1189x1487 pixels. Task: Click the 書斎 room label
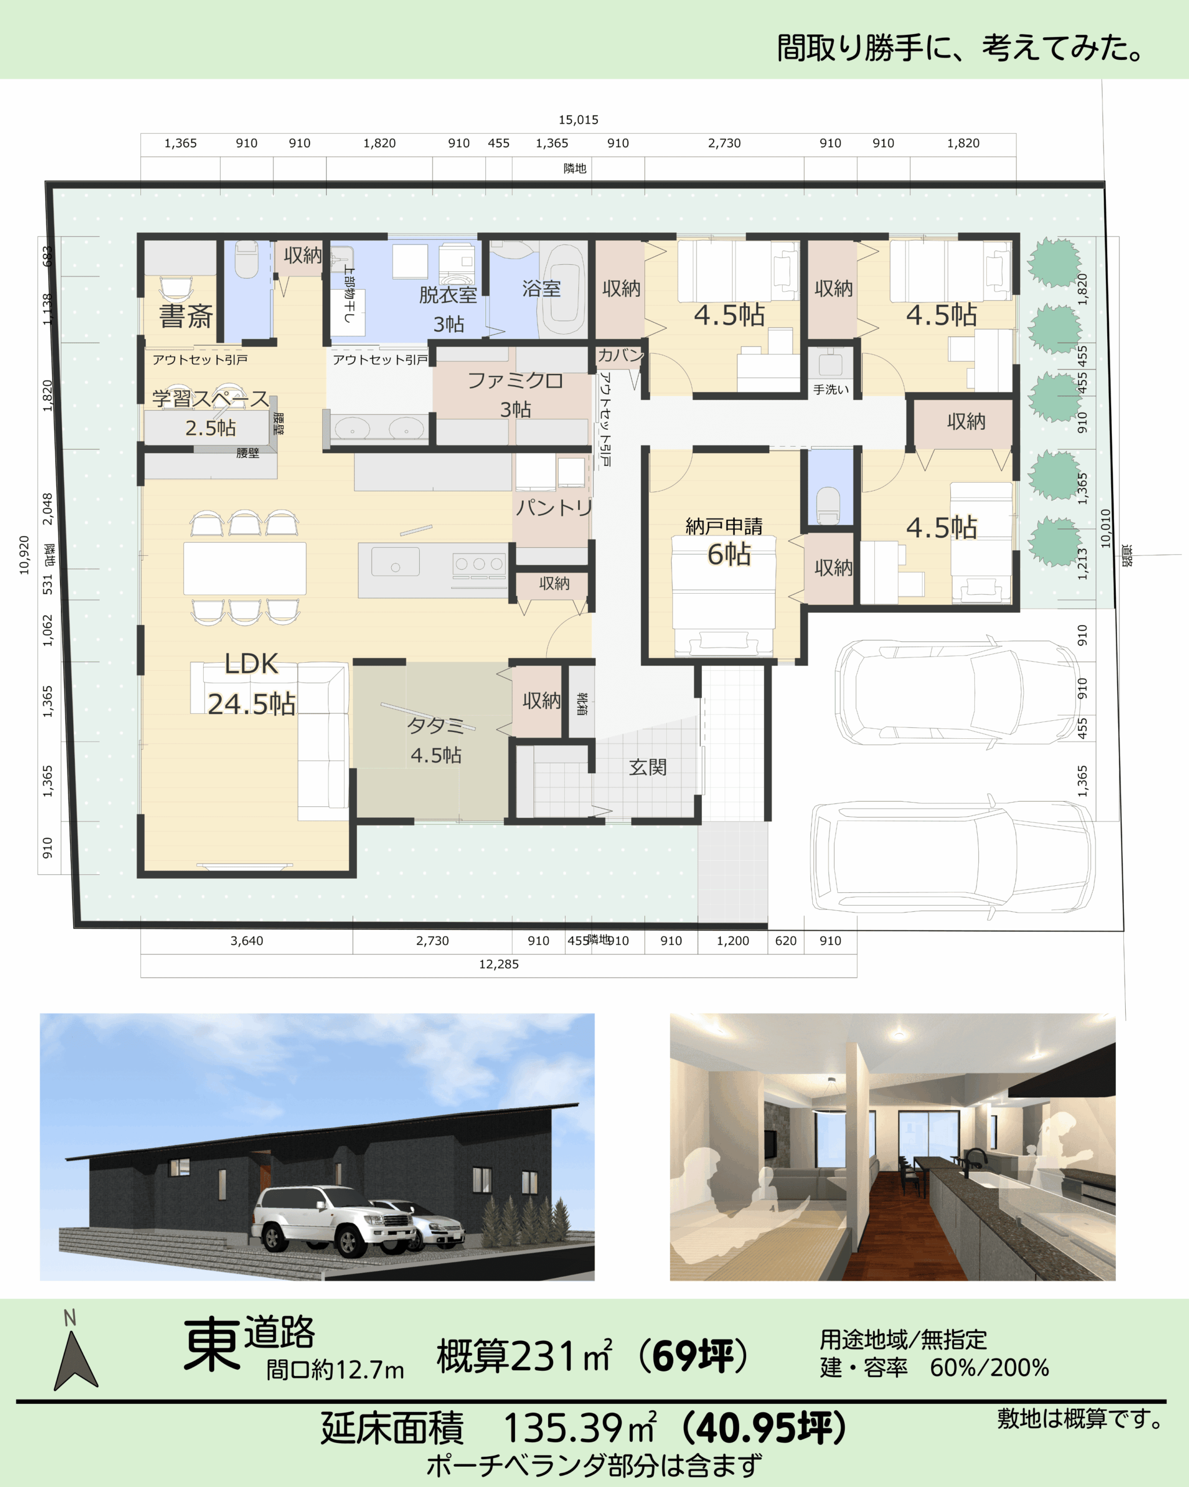coord(186,316)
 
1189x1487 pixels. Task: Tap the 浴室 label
coord(541,288)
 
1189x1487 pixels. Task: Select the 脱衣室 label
coord(448,295)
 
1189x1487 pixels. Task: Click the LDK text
coord(251,663)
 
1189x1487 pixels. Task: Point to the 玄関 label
coord(647,767)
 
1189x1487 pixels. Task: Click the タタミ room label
coord(435,725)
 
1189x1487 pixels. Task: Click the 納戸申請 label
coord(724,527)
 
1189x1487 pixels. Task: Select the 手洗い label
coord(831,390)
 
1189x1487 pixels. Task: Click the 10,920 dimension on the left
coord(25,555)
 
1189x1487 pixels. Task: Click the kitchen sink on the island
coord(395,562)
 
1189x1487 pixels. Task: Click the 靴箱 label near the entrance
coord(582,703)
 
